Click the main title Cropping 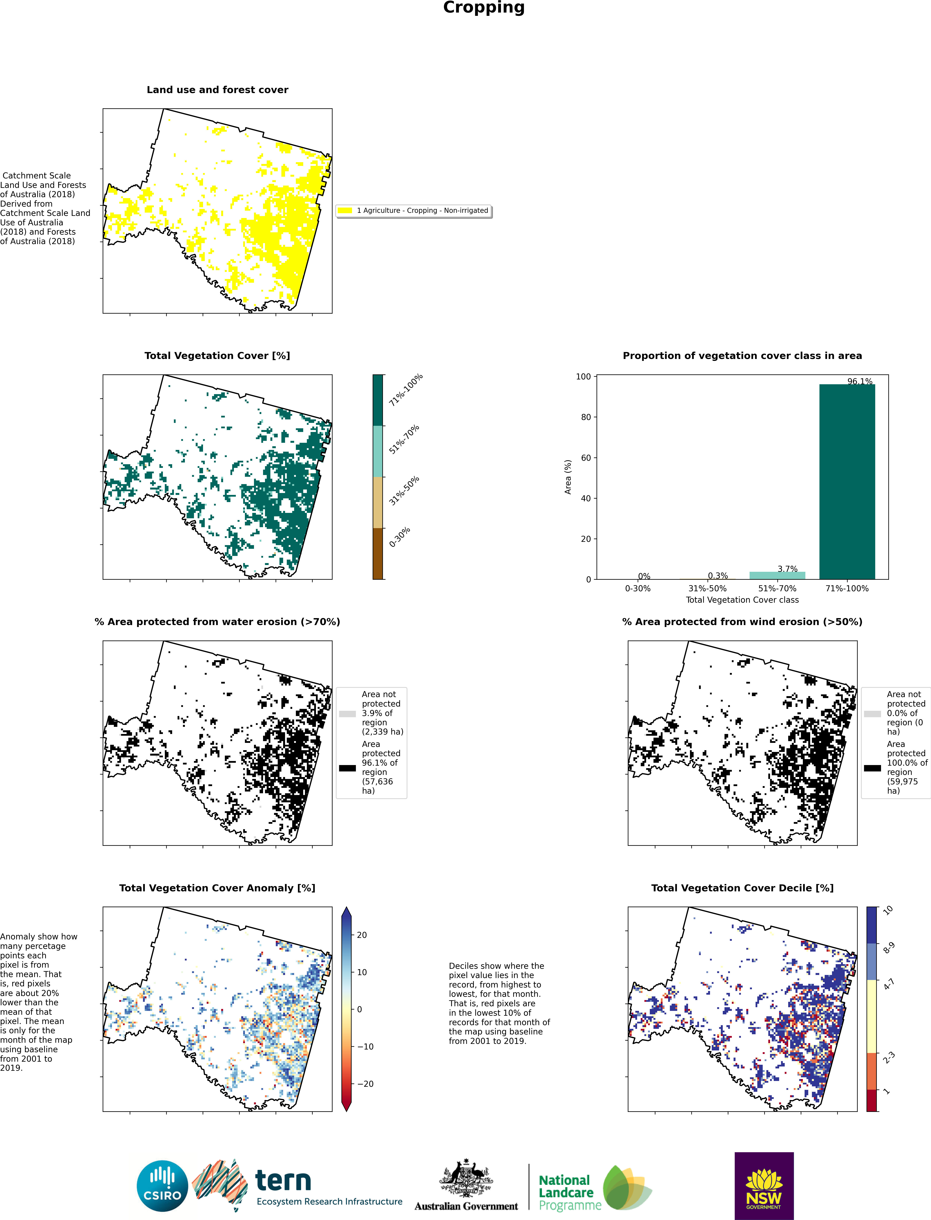484,8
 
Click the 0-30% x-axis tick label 638,588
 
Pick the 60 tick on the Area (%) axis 586,457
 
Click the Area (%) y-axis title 568,477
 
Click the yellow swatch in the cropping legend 345,211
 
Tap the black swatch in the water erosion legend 347,768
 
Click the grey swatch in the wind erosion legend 872,714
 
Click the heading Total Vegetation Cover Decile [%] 742,888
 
